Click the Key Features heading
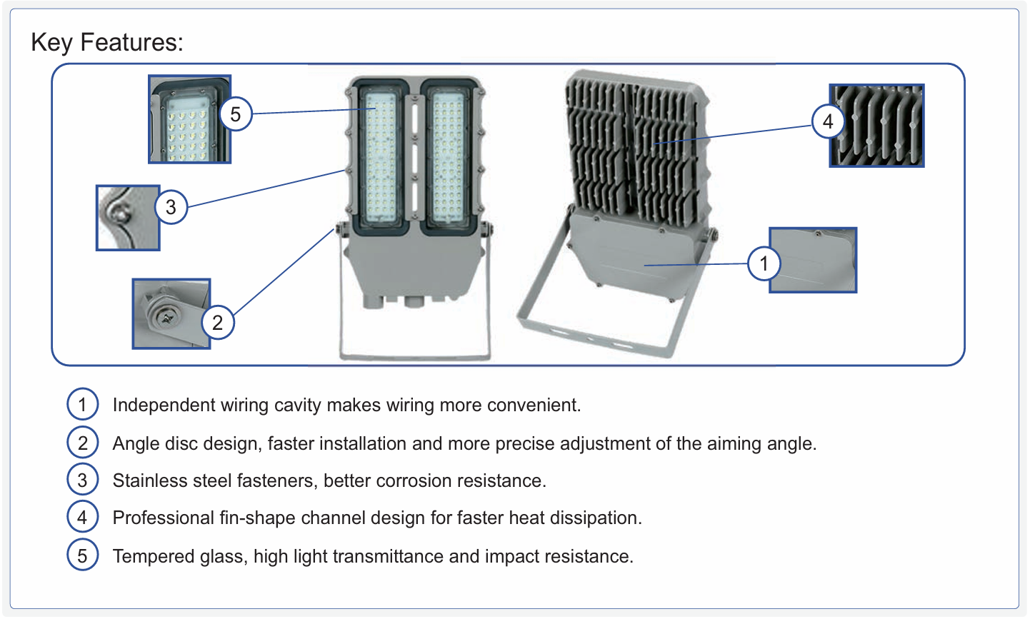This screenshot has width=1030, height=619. (107, 43)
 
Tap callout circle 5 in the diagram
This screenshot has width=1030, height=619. (236, 114)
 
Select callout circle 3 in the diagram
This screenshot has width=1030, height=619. (171, 207)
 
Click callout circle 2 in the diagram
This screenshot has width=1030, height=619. (218, 322)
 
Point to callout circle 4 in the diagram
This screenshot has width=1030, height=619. (828, 121)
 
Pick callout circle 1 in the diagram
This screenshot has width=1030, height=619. (764, 263)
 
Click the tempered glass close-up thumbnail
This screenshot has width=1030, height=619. (189, 119)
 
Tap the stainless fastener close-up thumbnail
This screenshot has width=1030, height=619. (128, 218)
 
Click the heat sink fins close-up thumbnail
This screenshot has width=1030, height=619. (876, 126)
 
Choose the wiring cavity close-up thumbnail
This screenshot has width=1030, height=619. (813, 260)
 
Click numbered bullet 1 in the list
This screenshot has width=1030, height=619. (82, 405)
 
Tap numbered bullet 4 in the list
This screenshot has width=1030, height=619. (82, 518)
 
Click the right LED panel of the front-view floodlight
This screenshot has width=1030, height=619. (448, 157)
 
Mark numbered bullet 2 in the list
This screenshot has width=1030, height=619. (82, 443)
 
